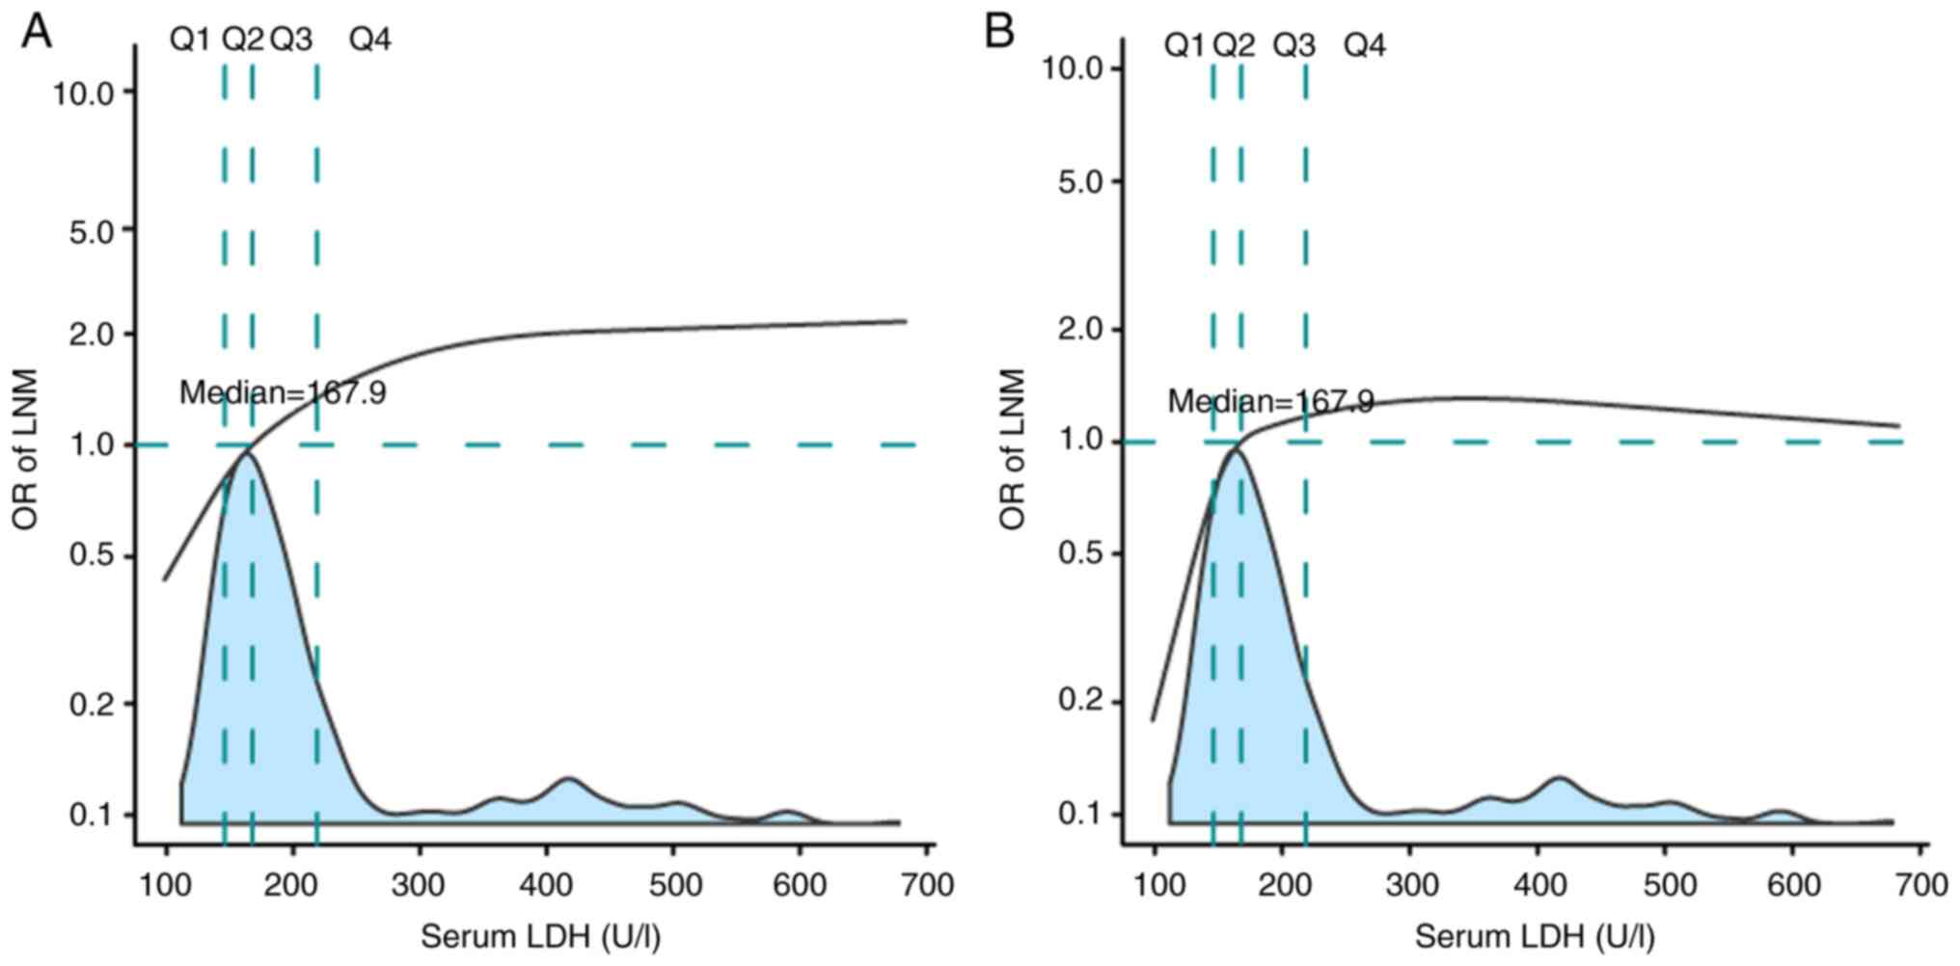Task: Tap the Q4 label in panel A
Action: tap(369, 40)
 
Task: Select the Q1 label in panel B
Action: tap(1184, 44)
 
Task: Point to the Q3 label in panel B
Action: tap(1293, 44)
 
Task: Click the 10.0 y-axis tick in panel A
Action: tap(83, 93)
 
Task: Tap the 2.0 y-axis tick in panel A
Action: tap(92, 335)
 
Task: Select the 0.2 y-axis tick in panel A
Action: tap(92, 704)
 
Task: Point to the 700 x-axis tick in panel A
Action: tap(927, 884)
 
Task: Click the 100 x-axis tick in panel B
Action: tap(1155, 884)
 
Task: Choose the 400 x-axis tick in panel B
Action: tap(1537, 884)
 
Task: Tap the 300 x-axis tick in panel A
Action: tap(420, 884)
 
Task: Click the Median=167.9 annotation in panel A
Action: tap(283, 392)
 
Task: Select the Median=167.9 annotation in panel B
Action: tap(1270, 401)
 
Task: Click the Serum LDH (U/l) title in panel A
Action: tap(541, 936)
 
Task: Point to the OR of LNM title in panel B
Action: tap(1012, 449)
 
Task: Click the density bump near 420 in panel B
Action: tap(1558, 778)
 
